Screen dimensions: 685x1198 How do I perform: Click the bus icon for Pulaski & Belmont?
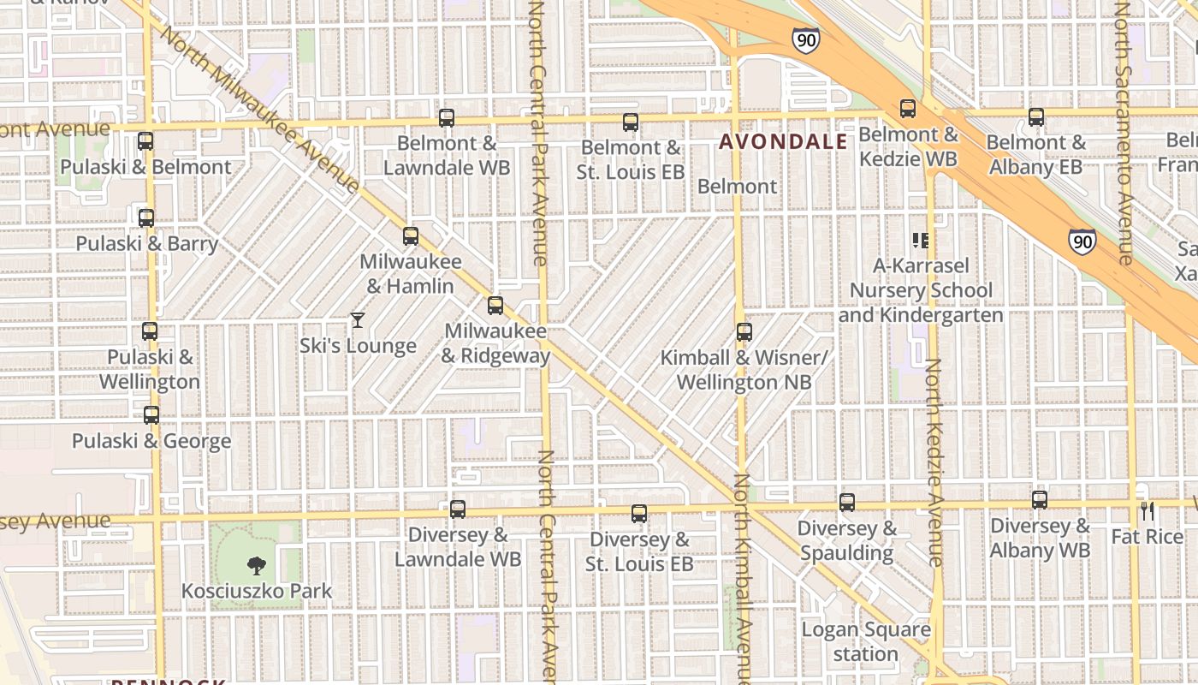pos(145,141)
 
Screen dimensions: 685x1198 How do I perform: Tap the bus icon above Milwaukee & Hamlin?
pos(411,236)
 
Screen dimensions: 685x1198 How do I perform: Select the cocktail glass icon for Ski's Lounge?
pos(358,320)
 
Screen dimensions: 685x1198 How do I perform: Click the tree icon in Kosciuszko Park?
pos(255,565)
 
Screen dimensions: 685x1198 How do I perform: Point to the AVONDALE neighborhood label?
pos(783,142)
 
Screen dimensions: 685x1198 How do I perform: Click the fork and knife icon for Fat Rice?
pos(1148,511)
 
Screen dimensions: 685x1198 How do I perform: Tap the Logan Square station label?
pos(866,642)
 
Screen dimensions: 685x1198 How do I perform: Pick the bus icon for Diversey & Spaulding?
pos(847,503)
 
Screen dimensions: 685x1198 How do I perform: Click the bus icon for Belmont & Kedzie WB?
pos(908,109)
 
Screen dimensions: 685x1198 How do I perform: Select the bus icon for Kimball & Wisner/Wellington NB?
pos(744,332)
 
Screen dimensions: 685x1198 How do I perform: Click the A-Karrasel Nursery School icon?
pos(921,241)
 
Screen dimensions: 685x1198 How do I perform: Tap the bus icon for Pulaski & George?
pos(151,415)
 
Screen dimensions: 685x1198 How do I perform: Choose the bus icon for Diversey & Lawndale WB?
pos(458,509)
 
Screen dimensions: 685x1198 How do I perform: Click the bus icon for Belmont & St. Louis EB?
pos(631,122)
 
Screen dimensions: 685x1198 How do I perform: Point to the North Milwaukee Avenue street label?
pos(261,110)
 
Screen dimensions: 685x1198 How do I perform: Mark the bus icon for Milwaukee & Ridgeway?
pos(495,306)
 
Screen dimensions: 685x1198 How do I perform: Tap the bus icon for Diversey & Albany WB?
pos(1040,500)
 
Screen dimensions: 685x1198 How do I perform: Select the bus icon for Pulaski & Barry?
pos(146,218)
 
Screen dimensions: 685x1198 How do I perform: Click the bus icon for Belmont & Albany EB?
pos(1036,117)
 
